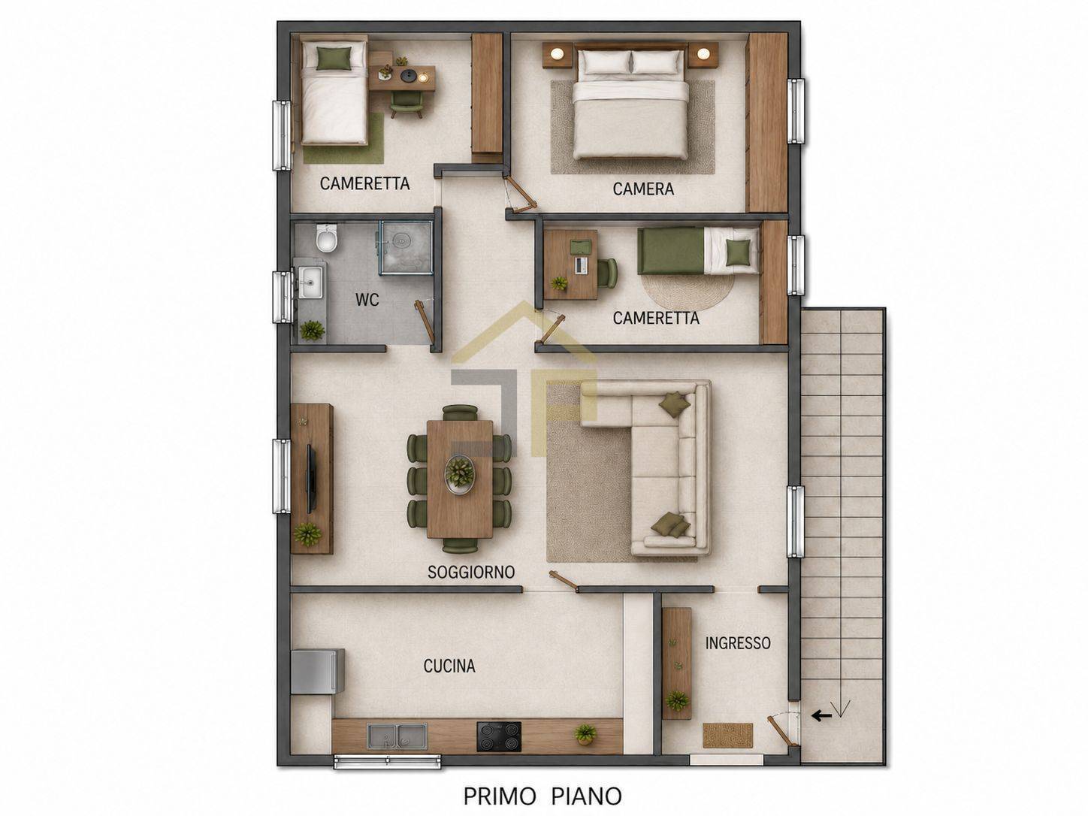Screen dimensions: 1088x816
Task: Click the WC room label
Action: (367, 300)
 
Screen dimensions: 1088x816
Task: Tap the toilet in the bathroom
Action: (327, 238)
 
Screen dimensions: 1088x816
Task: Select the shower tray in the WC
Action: (406, 248)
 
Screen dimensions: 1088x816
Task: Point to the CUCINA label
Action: (449, 666)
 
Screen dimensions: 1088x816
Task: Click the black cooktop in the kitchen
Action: (499, 736)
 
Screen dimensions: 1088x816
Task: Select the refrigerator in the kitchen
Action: (317, 671)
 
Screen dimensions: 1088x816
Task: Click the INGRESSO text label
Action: (738, 643)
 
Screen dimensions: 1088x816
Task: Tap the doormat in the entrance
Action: (727, 736)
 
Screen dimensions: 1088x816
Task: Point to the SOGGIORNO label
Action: (471, 573)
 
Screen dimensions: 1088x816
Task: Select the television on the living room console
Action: (311, 478)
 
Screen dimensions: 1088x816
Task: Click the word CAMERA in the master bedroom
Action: (643, 189)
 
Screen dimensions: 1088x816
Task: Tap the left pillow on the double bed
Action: (606, 62)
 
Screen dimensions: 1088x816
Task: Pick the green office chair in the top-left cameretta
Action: (406, 104)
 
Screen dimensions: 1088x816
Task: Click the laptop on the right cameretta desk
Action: (582, 265)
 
